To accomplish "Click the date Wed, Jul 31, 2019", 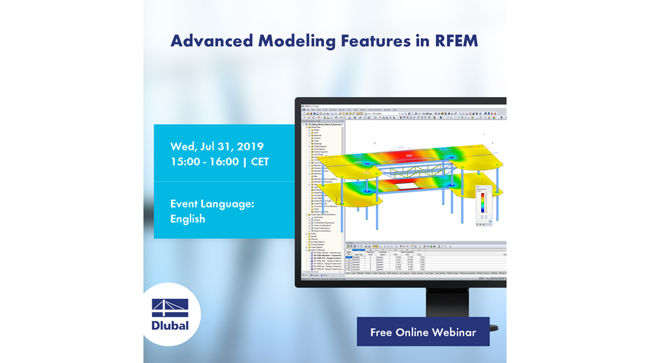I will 216,147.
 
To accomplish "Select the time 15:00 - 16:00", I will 204,162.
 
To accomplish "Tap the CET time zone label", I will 260,162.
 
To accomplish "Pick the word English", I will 187,219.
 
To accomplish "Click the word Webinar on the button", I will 454,332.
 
